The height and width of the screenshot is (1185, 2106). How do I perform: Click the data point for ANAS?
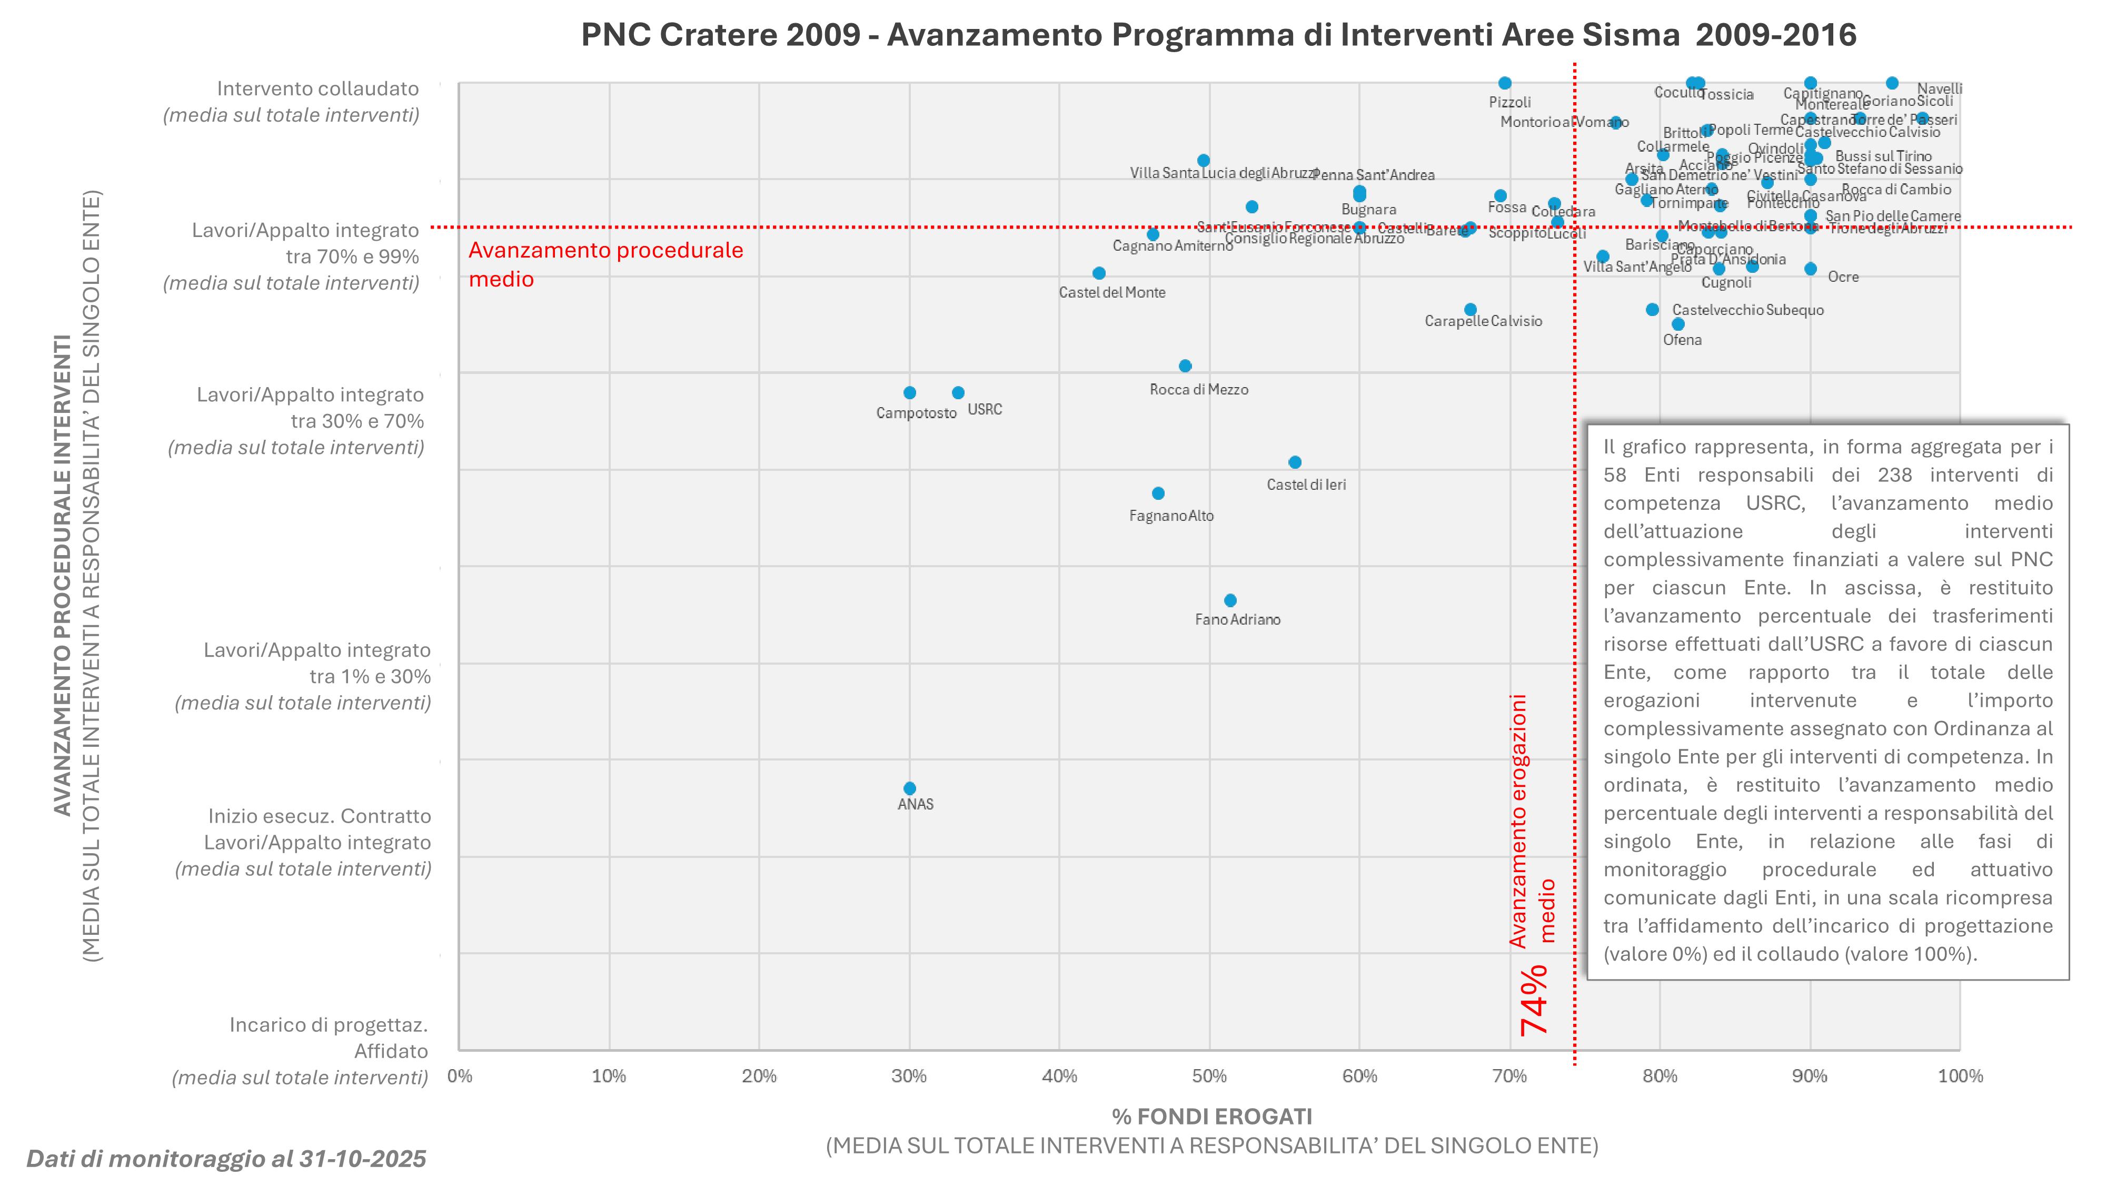[x=909, y=788]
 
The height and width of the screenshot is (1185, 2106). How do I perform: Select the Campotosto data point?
[x=909, y=392]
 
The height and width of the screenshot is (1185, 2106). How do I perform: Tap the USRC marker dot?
[x=958, y=392]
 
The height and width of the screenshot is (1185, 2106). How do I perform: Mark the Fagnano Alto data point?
[x=1158, y=493]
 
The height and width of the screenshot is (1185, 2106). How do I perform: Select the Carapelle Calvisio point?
[x=1470, y=309]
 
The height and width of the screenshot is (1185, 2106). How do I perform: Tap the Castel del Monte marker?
[x=1099, y=273]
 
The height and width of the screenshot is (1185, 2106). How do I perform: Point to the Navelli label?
[x=1939, y=88]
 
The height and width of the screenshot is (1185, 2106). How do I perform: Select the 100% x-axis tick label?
[x=1960, y=1076]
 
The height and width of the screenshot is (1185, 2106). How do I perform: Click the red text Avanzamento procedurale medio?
[x=605, y=264]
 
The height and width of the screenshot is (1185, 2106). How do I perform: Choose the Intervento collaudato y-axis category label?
[x=317, y=88]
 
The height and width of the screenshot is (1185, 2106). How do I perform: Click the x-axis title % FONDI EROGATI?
[x=1211, y=1117]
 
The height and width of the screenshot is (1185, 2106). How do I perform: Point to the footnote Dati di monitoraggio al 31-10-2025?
[x=226, y=1159]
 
